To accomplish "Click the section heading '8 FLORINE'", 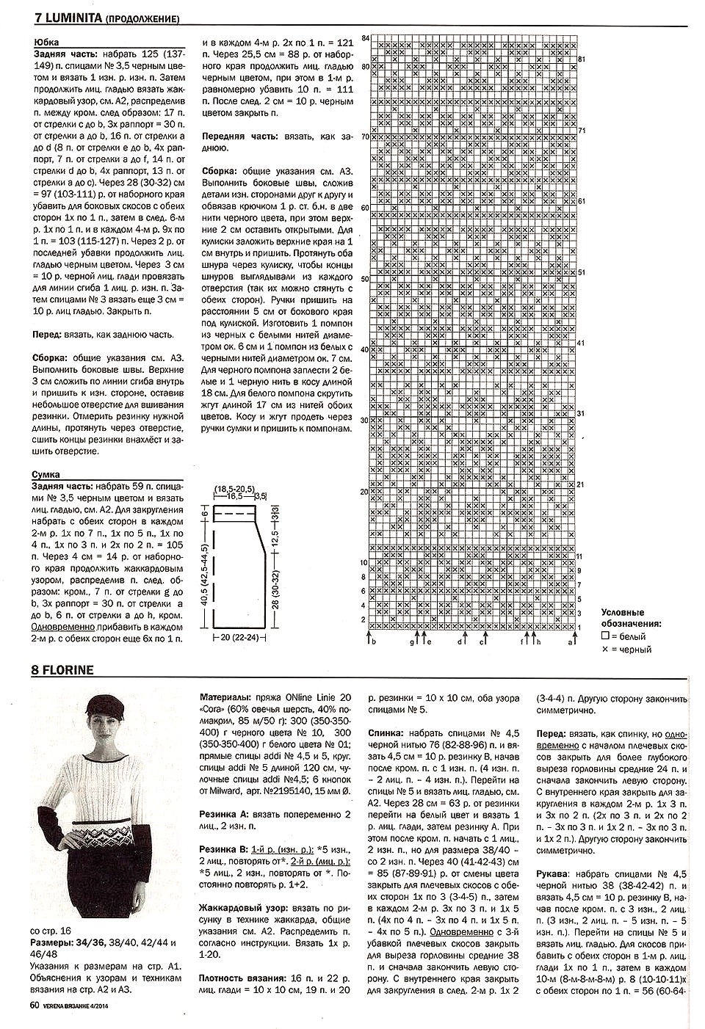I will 62,669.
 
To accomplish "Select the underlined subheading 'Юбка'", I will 46,43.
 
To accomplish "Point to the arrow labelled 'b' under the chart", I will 372,639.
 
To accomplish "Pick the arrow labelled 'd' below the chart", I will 460,639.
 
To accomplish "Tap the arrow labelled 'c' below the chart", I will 482,639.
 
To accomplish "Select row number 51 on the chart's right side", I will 582,272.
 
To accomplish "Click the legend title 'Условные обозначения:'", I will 631,618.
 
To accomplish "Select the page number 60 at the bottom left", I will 35,1006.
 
